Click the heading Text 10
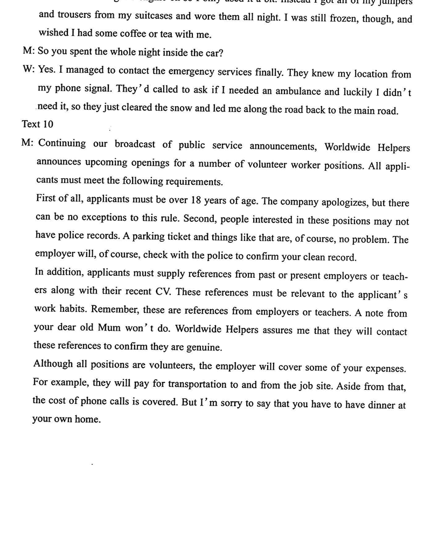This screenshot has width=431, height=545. tap(37, 124)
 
